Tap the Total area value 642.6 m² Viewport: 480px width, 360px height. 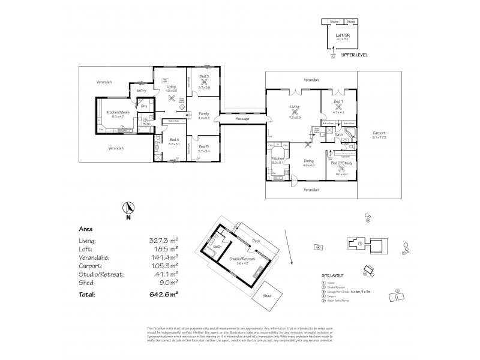point(163,294)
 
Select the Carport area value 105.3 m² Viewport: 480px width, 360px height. point(163,265)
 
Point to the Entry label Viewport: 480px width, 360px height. point(142,91)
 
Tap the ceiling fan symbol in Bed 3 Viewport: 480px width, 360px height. point(203,80)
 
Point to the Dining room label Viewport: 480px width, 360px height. point(308,160)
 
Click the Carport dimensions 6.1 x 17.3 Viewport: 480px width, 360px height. point(379,137)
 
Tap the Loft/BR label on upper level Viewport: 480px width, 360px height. point(343,36)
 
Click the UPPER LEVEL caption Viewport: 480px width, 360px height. point(354,55)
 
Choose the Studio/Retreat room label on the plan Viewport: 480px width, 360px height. point(241,259)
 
